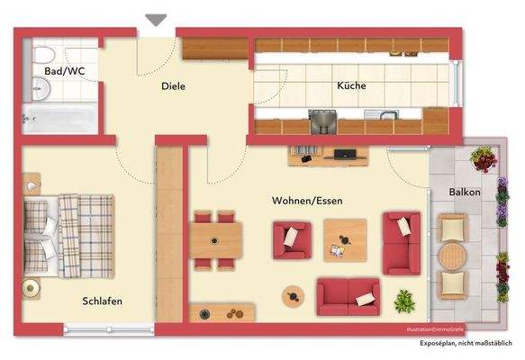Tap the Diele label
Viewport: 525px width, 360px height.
pos(173,86)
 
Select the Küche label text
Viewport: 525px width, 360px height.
pos(352,86)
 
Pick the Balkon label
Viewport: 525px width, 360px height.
pos(465,193)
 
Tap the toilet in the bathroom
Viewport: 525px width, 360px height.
pos(39,88)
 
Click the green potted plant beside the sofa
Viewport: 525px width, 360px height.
pos(403,299)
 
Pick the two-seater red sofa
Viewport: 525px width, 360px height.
pos(348,294)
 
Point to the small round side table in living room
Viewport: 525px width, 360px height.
pos(292,294)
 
